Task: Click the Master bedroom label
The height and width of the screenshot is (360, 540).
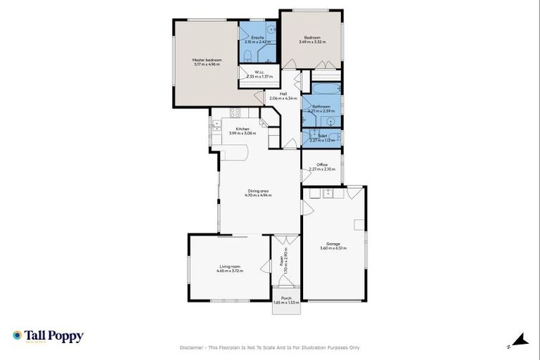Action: pyautogui.click(x=207, y=60)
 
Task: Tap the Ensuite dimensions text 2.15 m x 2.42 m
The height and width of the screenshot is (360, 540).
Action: pyautogui.click(x=257, y=42)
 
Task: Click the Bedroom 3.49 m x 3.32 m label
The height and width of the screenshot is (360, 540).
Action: pyautogui.click(x=312, y=39)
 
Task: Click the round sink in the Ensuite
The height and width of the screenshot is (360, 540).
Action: pyautogui.click(x=270, y=30)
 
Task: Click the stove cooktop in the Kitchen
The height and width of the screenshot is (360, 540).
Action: pyautogui.click(x=236, y=112)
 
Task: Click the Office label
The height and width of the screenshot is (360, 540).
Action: pyautogui.click(x=322, y=165)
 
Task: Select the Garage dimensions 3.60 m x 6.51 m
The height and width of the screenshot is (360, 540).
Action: pyautogui.click(x=333, y=248)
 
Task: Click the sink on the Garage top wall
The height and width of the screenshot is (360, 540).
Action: pyautogui.click(x=328, y=192)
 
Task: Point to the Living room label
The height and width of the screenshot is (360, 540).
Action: pyautogui.click(x=229, y=266)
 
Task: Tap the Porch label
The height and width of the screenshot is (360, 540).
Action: pyautogui.click(x=286, y=298)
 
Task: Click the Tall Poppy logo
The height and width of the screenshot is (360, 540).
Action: pyautogui.click(x=48, y=336)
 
